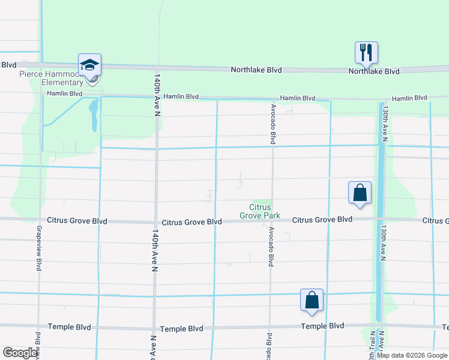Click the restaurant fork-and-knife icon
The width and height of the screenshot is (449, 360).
tap(366, 52)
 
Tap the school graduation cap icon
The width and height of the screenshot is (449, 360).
tap(89, 64)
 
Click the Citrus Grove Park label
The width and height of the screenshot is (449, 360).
tap(260, 211)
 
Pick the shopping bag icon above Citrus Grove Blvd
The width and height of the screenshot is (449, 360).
tap(360, 193)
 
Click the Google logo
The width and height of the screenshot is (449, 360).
tap(20, 353)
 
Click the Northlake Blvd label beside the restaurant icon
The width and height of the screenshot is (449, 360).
tap(375, 71)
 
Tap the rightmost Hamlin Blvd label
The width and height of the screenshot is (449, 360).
tap(409, 98)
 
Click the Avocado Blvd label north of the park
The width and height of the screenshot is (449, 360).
tap(273, 124)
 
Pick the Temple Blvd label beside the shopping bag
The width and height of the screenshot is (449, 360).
tap(323, 326)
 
